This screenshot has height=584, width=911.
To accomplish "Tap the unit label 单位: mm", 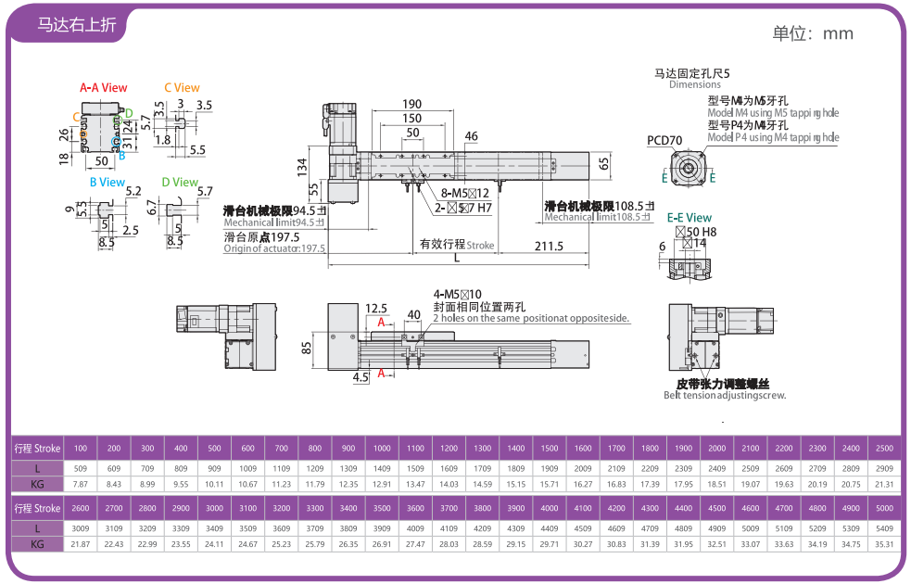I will pos(813,33).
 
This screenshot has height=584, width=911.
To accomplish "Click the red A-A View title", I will pos(103,88).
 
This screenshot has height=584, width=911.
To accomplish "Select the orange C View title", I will pos(182,88).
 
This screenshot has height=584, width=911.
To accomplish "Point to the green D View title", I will pos(180,183).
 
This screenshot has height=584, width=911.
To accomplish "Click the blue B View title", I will pos(107,183).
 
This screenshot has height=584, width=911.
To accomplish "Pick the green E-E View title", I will pos(690,218).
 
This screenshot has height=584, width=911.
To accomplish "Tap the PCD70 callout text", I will pos(664,141).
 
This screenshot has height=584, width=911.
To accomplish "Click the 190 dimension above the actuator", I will pos(411,104).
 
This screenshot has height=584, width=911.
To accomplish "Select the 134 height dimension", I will pos(302,166).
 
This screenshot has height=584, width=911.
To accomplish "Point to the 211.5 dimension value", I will pos(549,246).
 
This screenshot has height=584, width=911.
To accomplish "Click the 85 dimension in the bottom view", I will pos(306,349).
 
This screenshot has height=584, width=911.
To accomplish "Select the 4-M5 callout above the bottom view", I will pos(451,294).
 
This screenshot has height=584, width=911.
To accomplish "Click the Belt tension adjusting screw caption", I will pos(724,395).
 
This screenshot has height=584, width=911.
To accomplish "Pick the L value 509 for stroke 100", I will pos(80,467).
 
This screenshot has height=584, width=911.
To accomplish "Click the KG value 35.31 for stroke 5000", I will pos(883,544).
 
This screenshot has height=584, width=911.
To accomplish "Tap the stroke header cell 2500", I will pos(883,449).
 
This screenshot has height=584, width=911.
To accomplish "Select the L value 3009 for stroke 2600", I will pos(80,527).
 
